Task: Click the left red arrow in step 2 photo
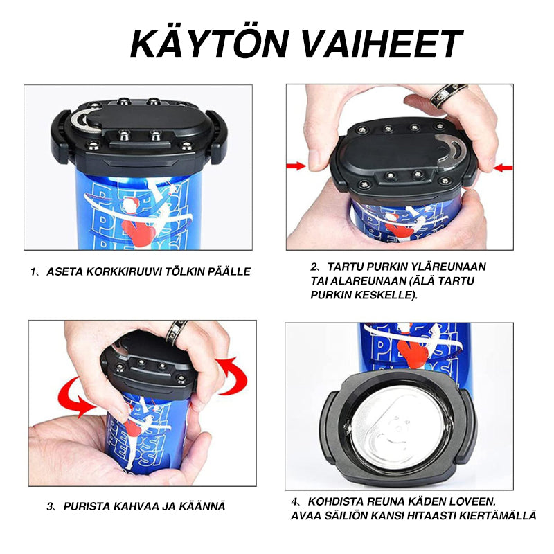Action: [x=296, y=166]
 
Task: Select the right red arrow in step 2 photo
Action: [x=503, y=167]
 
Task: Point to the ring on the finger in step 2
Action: [x=447, y=95]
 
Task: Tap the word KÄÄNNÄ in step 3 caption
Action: [x=200, y=506]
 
